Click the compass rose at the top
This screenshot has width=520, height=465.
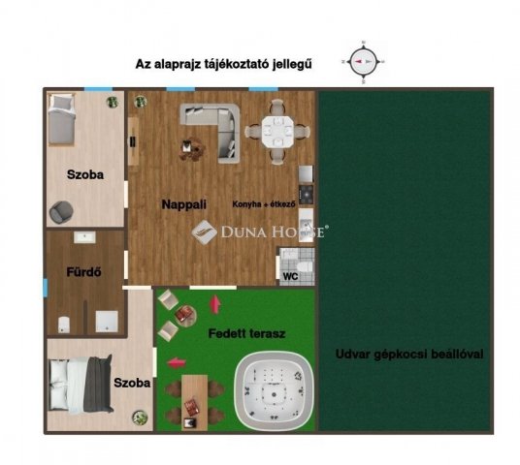pyautogui.click(x=365, y=61)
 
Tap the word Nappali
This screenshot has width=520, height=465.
pyautogui.click(x=182, y=204)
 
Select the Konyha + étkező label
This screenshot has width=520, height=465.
pyautogui.click(x=263, y=204)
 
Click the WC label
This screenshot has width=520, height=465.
pyautogui.click(x=289, y=276)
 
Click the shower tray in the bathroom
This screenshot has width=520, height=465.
pyautogui.click(x=106, y=319)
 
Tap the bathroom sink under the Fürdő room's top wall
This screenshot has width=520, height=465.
pyautogui.click(x=83, y=237)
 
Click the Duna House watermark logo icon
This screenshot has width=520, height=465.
pyautogui.click(x=202, y=232)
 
